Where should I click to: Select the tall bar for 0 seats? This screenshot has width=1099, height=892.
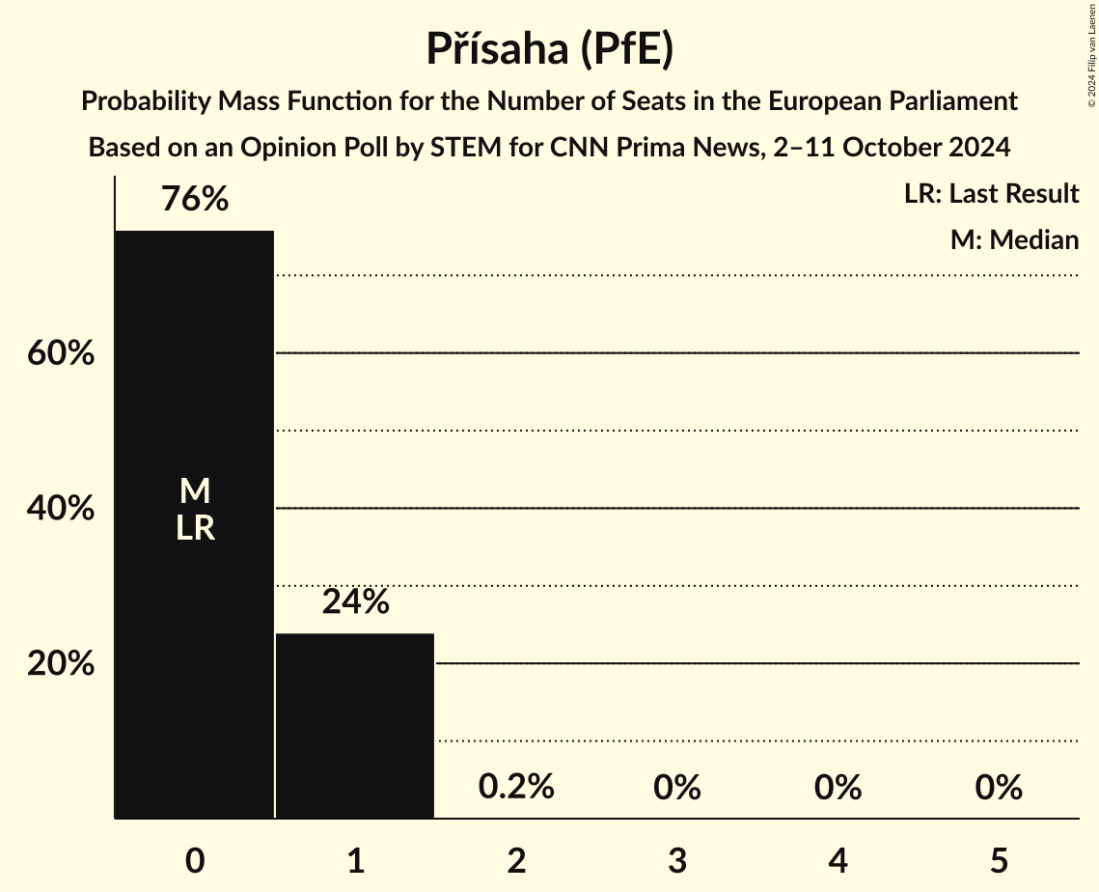pos(195,627)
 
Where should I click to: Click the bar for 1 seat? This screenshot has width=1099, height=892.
pos(355,725)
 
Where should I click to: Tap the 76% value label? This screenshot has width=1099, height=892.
pos(195,200)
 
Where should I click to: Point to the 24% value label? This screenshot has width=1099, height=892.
pos(355,602)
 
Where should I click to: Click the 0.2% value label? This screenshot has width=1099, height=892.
pos(516,787)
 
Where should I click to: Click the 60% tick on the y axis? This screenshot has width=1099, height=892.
pos(61,353)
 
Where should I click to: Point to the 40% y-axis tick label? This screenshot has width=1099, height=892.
pos(61,509)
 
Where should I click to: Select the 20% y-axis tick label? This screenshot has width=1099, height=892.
pos(61,664)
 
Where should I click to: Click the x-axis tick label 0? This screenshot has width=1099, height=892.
pos(195,860)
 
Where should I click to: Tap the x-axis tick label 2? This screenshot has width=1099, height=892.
pos(516,860)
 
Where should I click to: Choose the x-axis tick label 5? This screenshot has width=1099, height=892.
pos(998,860)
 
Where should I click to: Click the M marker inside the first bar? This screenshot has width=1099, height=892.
pos(195,491)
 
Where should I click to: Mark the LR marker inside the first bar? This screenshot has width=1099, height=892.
pos(195,528)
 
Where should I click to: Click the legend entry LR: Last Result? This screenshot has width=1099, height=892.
pos(991,194)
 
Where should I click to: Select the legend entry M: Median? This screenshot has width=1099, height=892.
pos(1014,239)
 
